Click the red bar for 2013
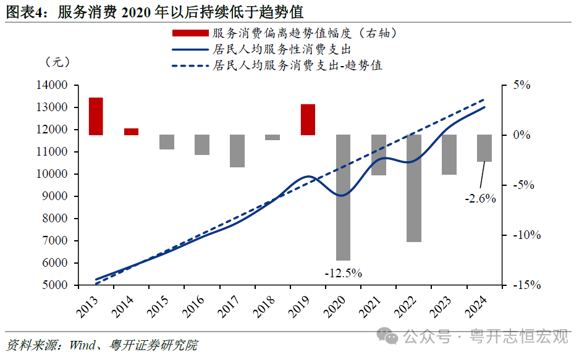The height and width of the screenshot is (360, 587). [96, 116]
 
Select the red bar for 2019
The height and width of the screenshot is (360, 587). [308, 120]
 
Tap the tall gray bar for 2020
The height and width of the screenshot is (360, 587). [343, 198]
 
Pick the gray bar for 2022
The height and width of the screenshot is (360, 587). [414, 188]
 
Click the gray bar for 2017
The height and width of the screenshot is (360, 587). [237, 151]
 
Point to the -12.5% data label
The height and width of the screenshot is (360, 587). [344, 272]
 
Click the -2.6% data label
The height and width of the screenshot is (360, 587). [480, 199]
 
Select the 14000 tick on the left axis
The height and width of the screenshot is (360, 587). [54, 85]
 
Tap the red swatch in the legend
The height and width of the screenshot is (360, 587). [190, 33]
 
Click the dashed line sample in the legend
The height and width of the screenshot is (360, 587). [190, 65]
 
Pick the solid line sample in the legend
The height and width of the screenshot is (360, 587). [190, 49]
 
